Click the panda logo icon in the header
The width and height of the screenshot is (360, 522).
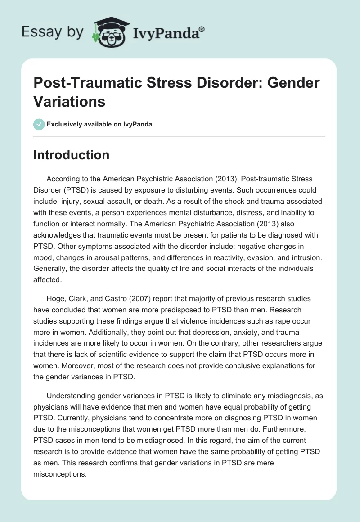[x=109, y=32]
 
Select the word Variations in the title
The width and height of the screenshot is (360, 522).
[x=69, y=101]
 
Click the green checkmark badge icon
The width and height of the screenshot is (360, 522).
[x=39, y=124]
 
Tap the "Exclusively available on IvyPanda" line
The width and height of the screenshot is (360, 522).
[x=99, y=124]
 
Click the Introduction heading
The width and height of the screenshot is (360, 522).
[x=72, y=155]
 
